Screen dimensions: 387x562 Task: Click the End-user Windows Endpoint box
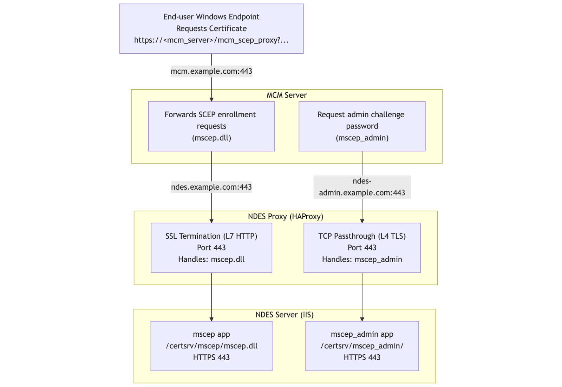click(211, 28)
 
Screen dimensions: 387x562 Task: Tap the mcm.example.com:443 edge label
click(211, 71)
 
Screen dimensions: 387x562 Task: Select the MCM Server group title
click(286, 95)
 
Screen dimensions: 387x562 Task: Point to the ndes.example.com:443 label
click(211, 187)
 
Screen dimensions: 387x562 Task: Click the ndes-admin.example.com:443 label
click(362, 187)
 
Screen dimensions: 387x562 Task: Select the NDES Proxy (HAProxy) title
click(285, 216)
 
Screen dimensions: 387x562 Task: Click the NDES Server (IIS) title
click(284, 315)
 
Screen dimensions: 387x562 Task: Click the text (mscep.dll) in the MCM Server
click(211, 138)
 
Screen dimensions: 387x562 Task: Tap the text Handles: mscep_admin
click(362, 260)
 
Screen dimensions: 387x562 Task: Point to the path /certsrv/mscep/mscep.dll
click(211, 346)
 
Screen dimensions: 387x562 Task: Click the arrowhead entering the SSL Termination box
click(211, 221)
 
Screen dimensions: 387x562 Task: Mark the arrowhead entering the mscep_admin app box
click(362, 319)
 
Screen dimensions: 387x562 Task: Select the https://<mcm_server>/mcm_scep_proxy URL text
click(211, 40)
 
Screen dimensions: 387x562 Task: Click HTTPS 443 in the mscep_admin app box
click(362, 358)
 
